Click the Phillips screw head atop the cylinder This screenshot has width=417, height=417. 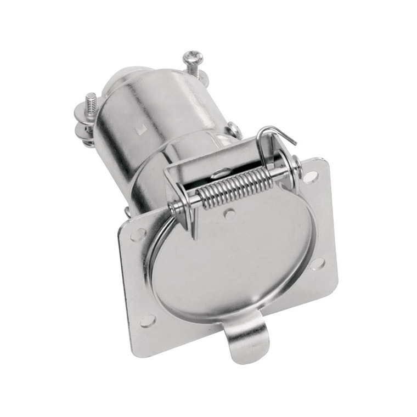point(193,57)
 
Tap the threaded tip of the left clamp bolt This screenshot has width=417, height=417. point(91,98)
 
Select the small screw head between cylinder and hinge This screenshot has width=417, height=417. point(235,129)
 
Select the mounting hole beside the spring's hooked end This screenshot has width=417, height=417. point(311,176)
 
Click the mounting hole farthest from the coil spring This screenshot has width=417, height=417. point(148,320)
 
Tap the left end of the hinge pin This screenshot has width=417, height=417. point(172,208)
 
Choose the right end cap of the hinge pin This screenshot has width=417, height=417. point(296,163)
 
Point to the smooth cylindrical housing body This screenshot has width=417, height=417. point(165,110)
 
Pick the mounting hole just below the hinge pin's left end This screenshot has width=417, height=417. point(138,235)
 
